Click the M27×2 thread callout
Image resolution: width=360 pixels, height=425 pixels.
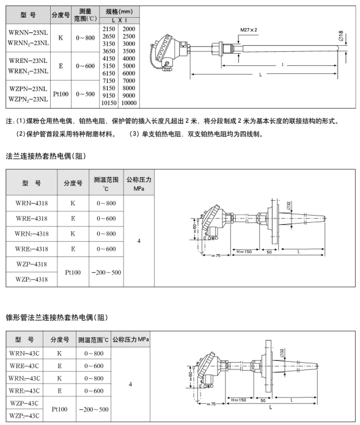click(x=249, y=30)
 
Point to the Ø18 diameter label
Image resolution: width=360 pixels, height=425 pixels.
click(x=341, y=35)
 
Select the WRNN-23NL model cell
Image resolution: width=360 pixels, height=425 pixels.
click(x=28, y=32)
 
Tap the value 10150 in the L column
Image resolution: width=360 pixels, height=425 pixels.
click(x=109, y=103)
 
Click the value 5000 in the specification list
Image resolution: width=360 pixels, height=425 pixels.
click(x=128, y=66)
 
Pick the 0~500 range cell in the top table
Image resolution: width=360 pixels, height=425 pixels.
click(x=85, y=94)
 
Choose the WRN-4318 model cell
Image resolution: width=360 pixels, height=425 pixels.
click(x=31, y=203)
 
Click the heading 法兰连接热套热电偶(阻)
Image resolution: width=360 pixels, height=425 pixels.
click(x=46, y=156)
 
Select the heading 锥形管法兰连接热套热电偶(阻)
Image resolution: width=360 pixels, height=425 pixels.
click(x=57, y=318)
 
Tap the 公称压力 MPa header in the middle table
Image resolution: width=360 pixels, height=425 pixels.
click(x=139, y=184)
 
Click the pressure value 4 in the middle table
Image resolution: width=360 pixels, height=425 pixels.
click(x=139, y=241)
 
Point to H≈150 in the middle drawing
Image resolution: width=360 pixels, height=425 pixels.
click(x=244, y=252)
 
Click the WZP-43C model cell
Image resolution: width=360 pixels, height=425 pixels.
click(x=24, y=403)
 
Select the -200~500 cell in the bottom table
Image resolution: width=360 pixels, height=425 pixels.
click(x=94, y=409)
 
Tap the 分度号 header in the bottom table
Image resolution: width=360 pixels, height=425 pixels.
click(x=60, y=340)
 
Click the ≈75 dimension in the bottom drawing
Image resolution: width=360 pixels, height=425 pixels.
click(x=211, y=404)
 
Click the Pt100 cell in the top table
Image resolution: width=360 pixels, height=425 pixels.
click(x=61, y=94)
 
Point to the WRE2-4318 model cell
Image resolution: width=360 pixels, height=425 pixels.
click(x=31, y=249)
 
